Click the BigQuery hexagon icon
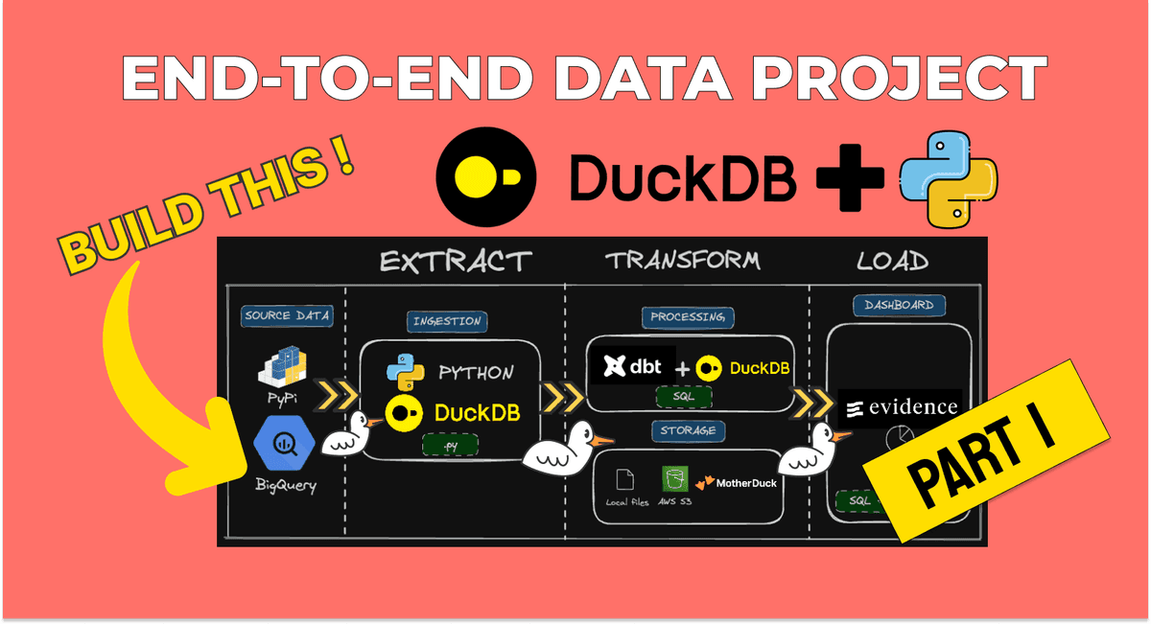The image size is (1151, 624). point(283,443)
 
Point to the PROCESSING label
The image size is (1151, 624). point(688,316)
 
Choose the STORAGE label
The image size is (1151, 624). point(688,430)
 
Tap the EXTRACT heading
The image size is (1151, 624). point(455,261)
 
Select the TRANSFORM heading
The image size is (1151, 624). point(682,260)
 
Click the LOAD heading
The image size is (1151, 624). point(893,260)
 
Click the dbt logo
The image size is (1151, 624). point(631,366)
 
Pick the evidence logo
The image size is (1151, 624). point(901,406)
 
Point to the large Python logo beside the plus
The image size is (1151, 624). point(948,179)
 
